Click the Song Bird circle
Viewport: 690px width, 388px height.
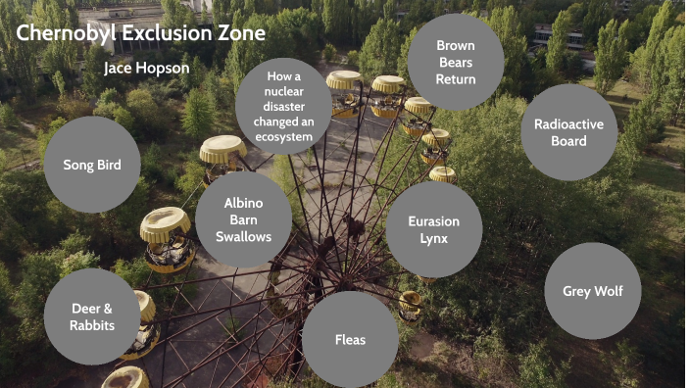92,165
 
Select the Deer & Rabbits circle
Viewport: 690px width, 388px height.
92,316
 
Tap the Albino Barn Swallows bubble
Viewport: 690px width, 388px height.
243,219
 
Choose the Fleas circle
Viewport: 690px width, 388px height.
350,340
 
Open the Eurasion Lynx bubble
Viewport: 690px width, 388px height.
433,230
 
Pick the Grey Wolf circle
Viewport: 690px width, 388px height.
592,291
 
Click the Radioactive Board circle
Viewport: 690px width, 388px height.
568,132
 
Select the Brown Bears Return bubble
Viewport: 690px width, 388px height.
456,62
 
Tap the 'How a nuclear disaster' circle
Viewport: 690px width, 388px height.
283,106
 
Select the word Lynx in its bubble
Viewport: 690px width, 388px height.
433,239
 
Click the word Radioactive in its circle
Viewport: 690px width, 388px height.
568,123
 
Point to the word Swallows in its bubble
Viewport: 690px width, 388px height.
243,236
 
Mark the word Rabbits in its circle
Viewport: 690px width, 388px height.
92,325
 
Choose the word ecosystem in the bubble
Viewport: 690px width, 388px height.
283,137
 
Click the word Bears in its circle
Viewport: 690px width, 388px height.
456,62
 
